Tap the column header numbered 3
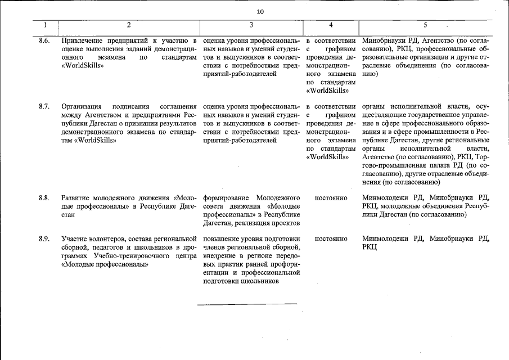(x=251, y=25)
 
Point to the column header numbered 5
(x=425, y=25)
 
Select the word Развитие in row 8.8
(x=76, y=198)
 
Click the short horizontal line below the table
(x=247, y=304)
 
